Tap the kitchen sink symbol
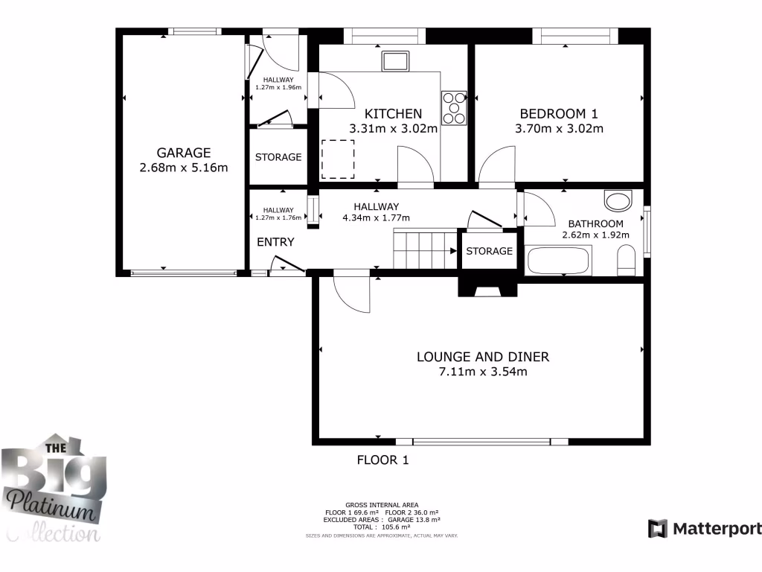(x=395, y=60)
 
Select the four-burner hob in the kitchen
(x=454, y=107)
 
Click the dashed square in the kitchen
(x=338, y=159)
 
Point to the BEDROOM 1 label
(x=558, y=114)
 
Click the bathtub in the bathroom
(x=557, y=261)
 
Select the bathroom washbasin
(x=618, y=200)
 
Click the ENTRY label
(x=275, y=242)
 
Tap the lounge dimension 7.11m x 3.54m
(x=482, y=372)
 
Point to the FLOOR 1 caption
(x=382, y=460)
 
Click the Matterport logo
(x=705, y=529)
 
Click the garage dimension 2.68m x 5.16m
(x=183, y=168)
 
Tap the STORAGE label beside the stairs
(x=489, y=251)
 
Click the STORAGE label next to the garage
(x=278, y=157)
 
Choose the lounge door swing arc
(x=351, y=293)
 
